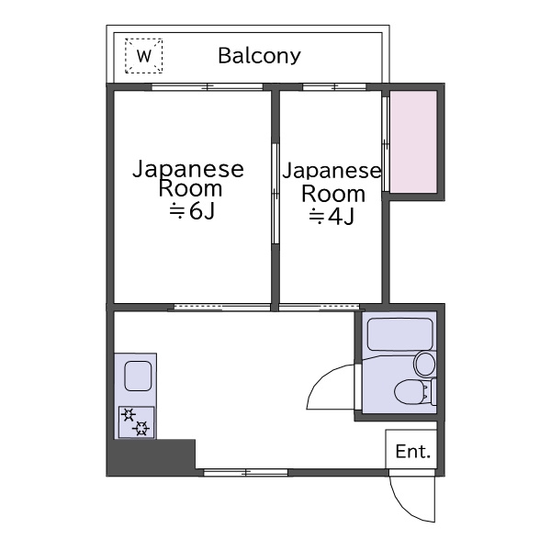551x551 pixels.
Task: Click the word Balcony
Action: click(259, 56)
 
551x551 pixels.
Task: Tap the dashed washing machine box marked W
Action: click(144, 56)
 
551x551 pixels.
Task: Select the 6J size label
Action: click(192, 211)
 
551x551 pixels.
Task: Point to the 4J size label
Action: click(331, 217)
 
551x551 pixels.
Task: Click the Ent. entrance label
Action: click(413, 452)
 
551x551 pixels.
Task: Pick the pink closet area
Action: click(413, 142)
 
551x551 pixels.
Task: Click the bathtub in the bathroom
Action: click(399, 334)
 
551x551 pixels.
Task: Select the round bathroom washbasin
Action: click(425, 364)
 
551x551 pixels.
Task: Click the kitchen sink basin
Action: click(138, 376)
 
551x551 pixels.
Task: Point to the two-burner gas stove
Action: click(136, 422)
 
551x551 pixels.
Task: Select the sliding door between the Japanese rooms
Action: click(275, 193)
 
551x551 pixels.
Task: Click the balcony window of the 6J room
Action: click(208, 87)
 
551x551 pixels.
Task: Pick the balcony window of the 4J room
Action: click(334, 87)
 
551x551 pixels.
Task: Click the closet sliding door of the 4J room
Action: click(386, 144)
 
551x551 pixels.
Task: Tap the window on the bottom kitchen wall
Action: click(246, 473)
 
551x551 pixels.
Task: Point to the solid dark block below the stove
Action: click(152, 457)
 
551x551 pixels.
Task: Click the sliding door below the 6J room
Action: click(222, 308)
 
